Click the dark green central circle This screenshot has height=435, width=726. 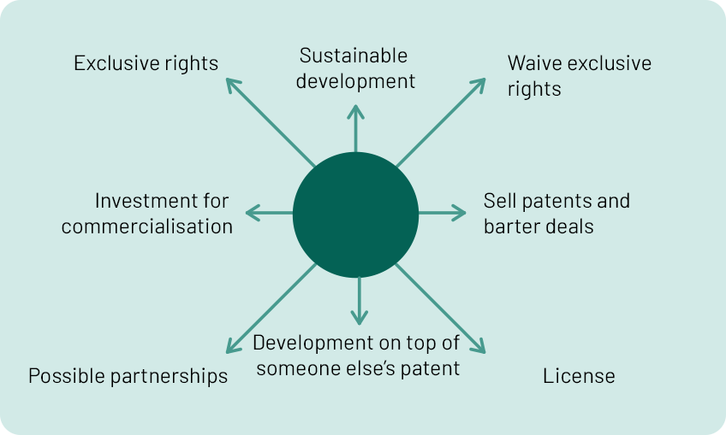(355, 215)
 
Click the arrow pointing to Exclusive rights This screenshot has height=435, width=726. (271, 122)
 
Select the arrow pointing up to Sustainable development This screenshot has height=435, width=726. (355, 128)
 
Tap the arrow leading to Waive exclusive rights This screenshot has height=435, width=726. (441, 122)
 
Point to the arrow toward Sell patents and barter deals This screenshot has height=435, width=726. (442, 213)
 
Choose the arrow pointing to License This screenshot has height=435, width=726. (440, 309)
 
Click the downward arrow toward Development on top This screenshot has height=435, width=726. (360, 301)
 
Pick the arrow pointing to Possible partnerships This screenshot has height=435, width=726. (271, 309)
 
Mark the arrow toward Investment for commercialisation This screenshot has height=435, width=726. (269, 213)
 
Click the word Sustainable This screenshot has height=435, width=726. (354, 56)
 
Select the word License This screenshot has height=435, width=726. (579, 376)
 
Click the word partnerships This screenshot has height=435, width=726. (170, 376)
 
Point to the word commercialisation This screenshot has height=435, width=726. (146, 226)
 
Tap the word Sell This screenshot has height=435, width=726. (498, 201)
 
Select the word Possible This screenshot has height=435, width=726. (67, 376)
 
